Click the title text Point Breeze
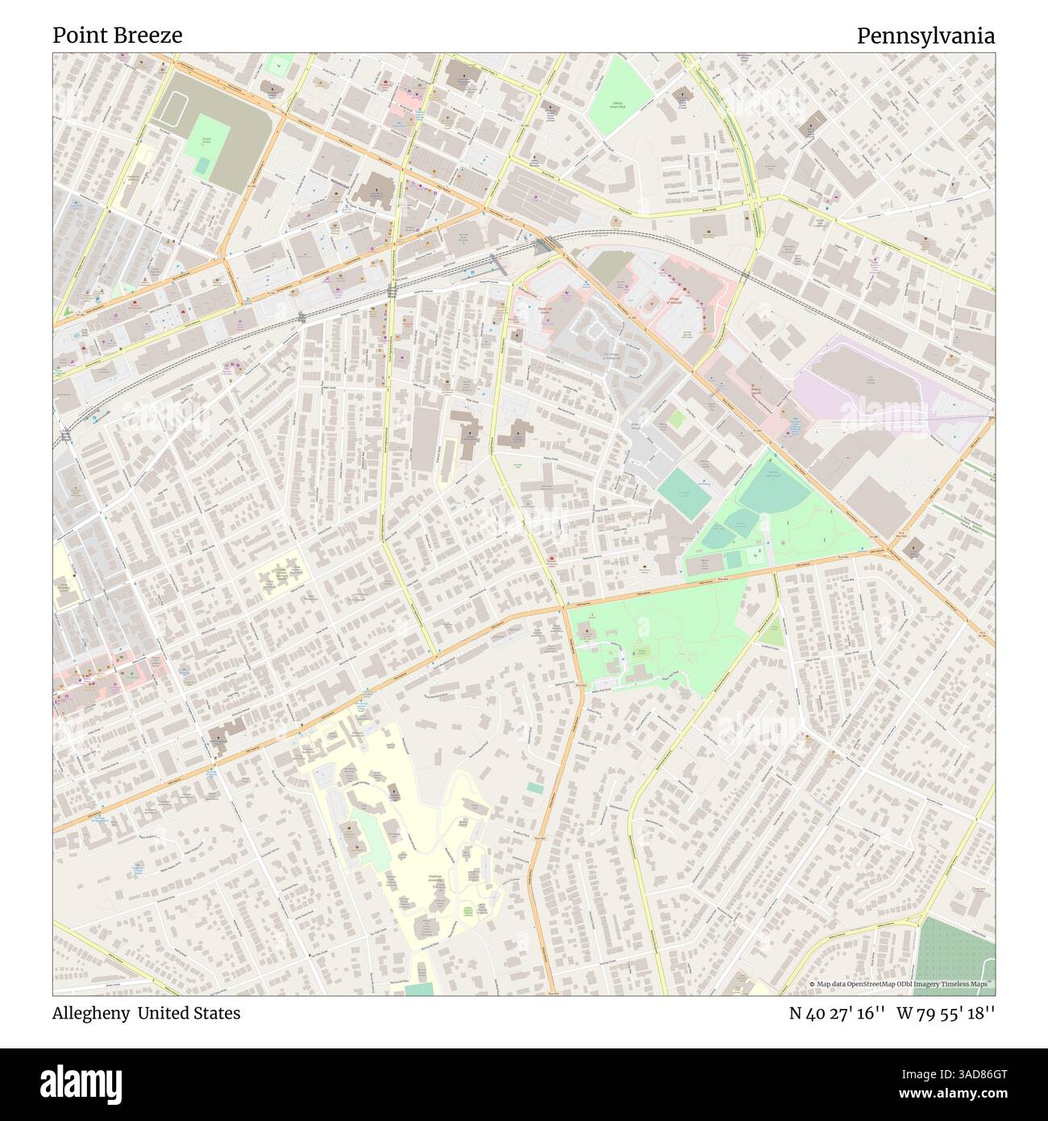118,35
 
